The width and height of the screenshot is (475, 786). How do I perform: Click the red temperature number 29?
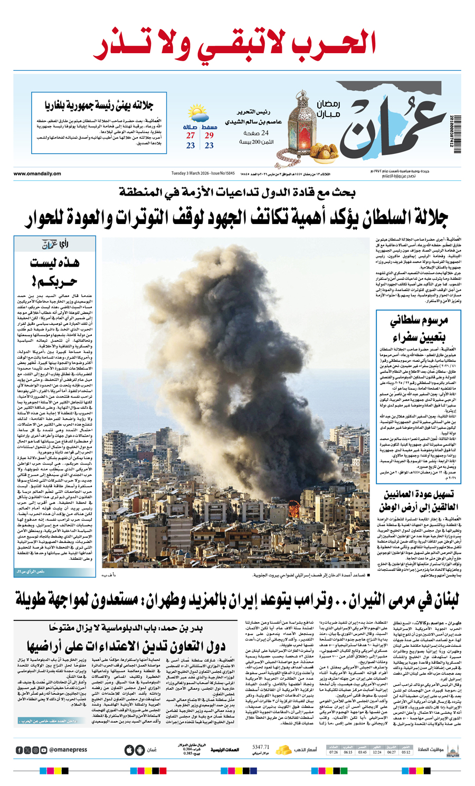[x=209, y=135]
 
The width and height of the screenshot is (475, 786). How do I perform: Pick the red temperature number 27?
[x=191, y=135]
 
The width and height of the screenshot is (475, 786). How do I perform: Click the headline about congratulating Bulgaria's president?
[x=99, y=106]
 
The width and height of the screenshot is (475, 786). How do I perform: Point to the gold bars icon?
[x=284, y=749]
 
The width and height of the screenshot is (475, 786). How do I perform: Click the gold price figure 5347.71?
[x=261, y=747]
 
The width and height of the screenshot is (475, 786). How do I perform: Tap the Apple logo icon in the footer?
[x=129, y=750]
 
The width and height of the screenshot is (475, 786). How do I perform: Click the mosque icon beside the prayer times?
[x=452, y=750]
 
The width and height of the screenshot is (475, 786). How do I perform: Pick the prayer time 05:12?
[x=405, y=752]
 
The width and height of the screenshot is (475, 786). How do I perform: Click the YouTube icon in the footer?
[x=43, y=750]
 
